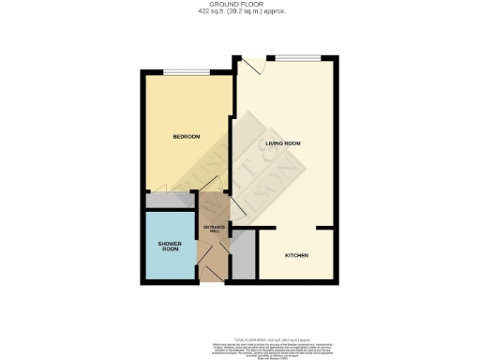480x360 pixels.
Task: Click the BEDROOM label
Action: tap(187, 137)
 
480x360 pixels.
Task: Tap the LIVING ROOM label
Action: tap(284, 143)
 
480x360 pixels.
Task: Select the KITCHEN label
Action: tap(296, 256)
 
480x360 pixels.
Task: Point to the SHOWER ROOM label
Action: tap(169, 247)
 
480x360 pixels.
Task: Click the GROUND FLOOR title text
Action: tap(240, 5)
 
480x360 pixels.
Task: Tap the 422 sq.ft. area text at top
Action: tap(240, 12)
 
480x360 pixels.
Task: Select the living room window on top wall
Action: tap(298, 58)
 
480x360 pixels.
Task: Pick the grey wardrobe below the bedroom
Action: tap(169, 201)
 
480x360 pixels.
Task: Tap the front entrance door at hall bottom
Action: tap(215, 271)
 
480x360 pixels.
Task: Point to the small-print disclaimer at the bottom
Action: tap(240, 343)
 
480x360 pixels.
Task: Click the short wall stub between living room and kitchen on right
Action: tap(326, 227)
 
